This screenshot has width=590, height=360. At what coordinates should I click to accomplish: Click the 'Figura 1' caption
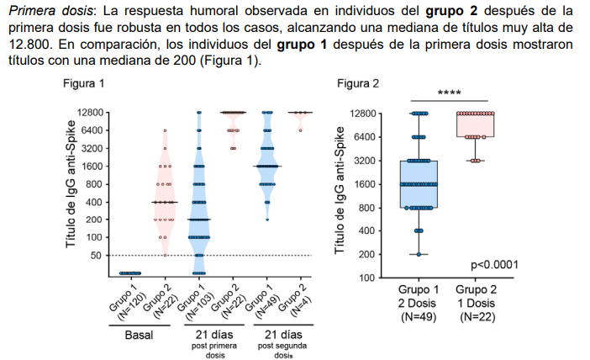tap(84, 83)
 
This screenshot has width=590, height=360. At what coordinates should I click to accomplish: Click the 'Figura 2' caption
tap(358, 83)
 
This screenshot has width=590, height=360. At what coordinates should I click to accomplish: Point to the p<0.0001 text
tap(494, 265)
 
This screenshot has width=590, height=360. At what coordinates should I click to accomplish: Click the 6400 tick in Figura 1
tap(90, 130)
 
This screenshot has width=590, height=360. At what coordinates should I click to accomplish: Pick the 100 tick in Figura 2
tap(366, 278)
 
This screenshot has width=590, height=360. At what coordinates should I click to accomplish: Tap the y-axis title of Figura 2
tap(340, 194)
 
